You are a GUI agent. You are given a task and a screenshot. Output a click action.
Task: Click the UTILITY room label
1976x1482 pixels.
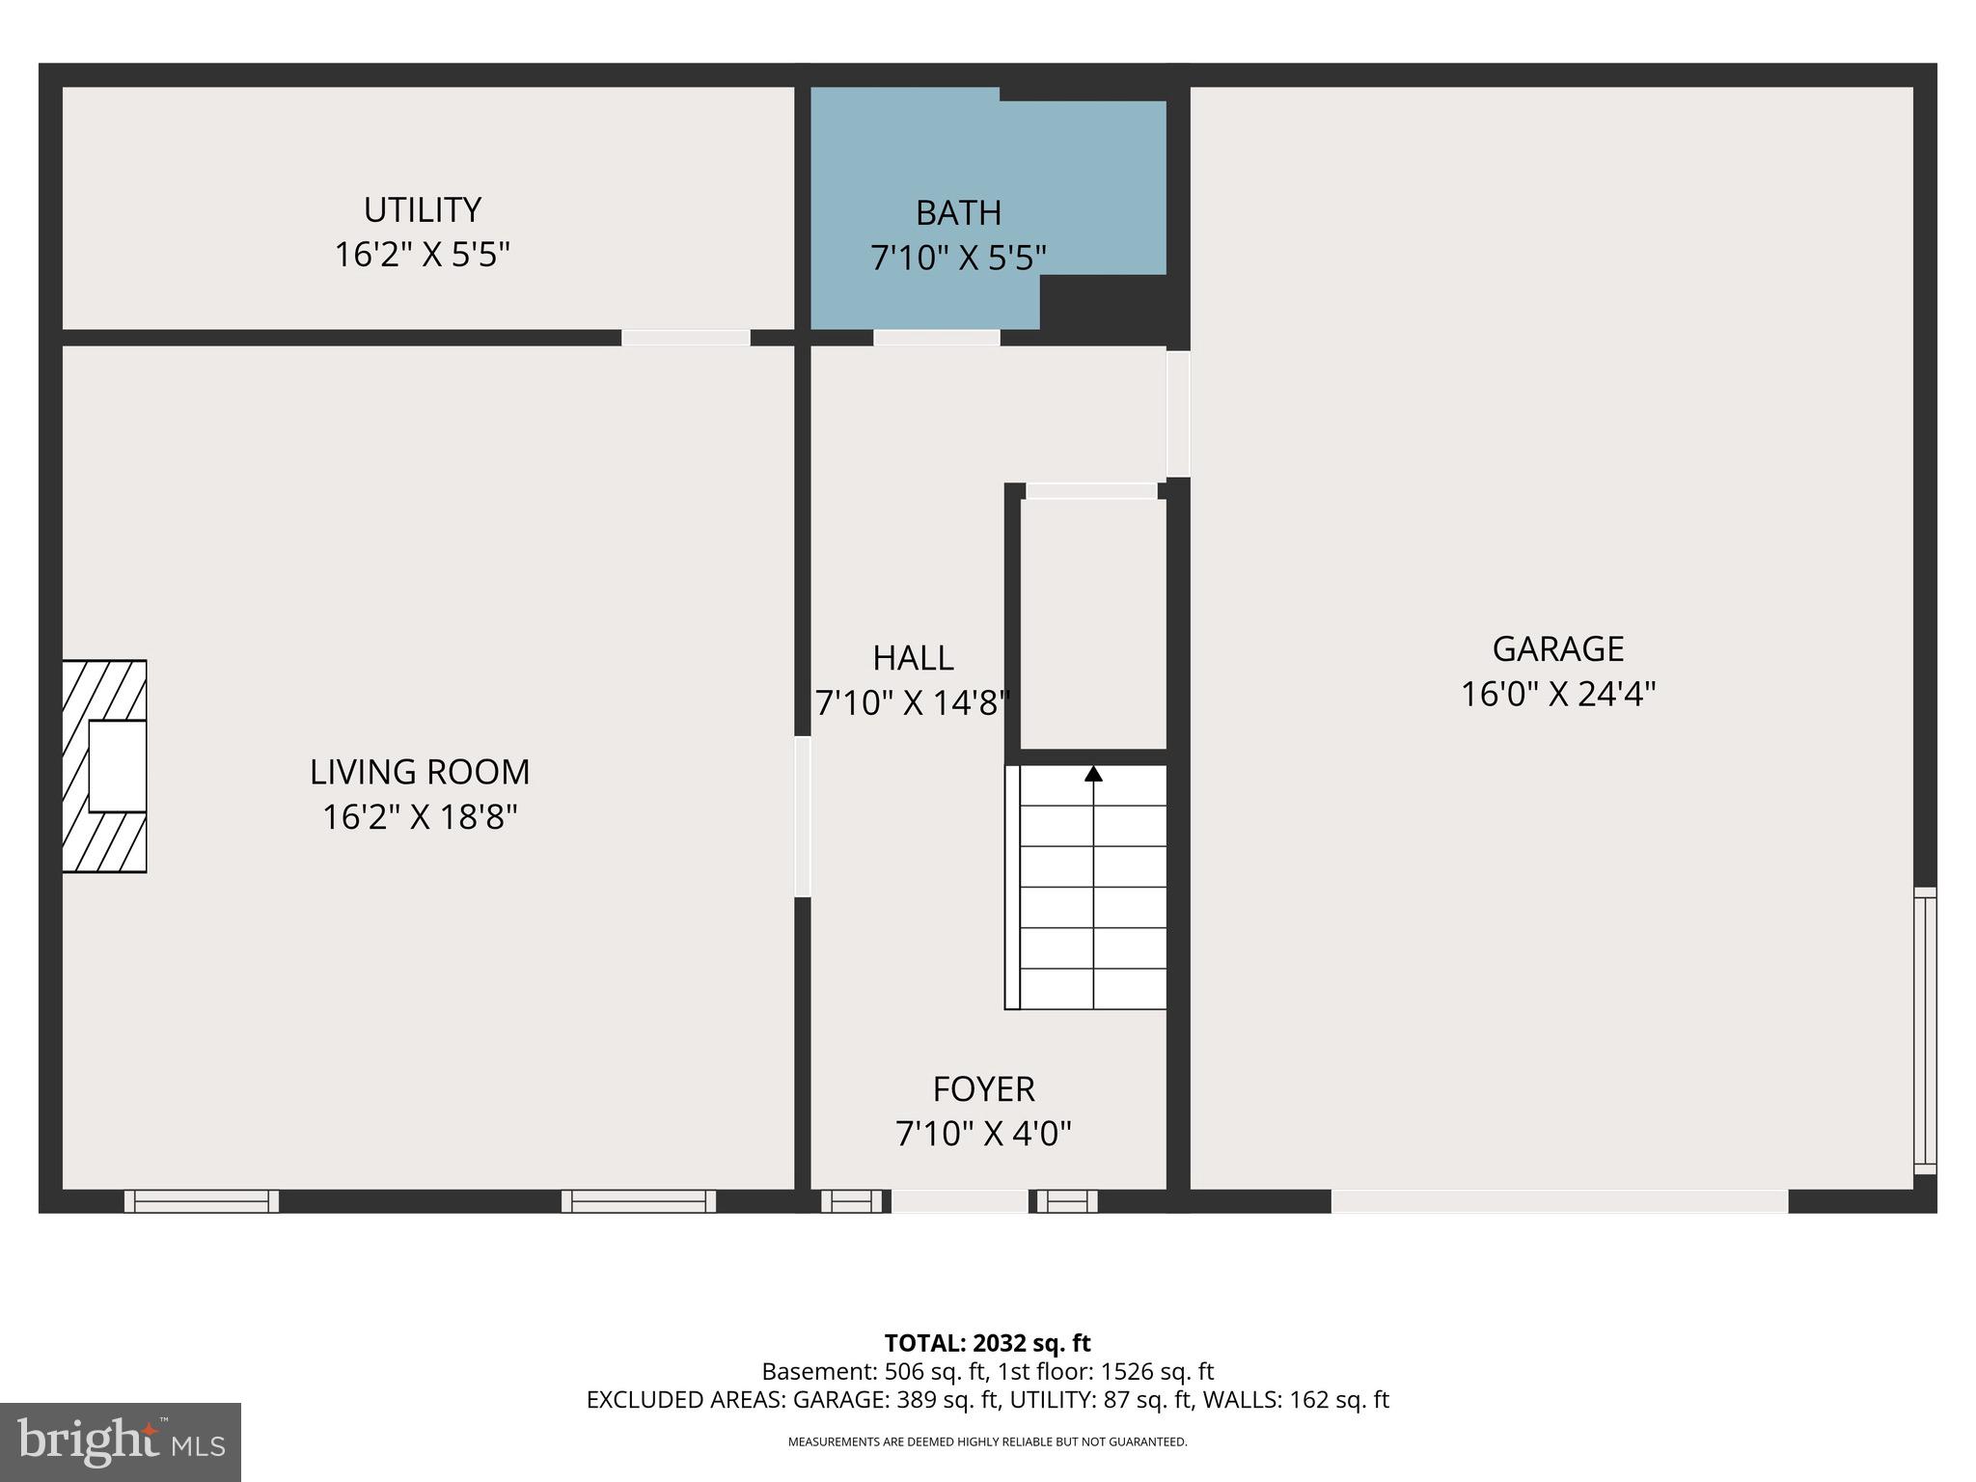pyautogui.click(x=422, y=210)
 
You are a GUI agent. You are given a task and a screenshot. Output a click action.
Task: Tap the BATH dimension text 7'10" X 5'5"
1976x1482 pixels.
pyautogui.click(x=958, y=259)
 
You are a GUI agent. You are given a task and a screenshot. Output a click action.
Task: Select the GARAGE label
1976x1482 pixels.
pyautogui.click(x=1557, y=648)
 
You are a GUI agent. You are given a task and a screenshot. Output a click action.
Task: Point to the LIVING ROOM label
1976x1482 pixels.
pyautogui.click(x=420, y=772)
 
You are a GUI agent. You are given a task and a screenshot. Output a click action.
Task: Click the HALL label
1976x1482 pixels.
pyautogui.click(x=913, y=658)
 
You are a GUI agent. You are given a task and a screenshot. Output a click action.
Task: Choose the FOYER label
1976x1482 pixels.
pyautogui.click(x=983, y=1089)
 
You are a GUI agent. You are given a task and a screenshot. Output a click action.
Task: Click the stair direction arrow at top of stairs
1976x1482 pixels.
pyautogui.click(x=1093, y=774)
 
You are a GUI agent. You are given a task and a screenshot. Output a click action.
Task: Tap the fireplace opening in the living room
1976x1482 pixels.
pyautogui.click(x=117, y=766)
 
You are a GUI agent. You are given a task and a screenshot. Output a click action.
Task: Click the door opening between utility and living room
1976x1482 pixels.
pyautogui.click(x=685, y=338)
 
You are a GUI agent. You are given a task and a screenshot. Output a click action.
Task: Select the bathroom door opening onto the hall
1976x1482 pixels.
pyautogui.click(x=936, y=338)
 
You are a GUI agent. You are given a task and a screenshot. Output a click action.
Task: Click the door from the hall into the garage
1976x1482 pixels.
pyautogui.click(x=1178, y=414)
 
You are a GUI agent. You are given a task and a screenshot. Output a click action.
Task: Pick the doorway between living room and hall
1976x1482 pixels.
pyautogui.click(x=802, y=816)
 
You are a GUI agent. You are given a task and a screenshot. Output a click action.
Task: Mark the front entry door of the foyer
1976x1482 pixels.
pyautogui.click(x=959, y=1201)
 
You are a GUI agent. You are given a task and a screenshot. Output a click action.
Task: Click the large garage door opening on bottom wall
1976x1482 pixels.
pyautogui.click(x=1559, y=1201)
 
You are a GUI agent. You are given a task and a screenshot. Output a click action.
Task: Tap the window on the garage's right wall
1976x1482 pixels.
pyautogui.click(x=1924, y=1030)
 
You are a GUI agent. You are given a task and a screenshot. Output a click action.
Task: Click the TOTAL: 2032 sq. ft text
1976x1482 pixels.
pyautogui.click(x=987, y=1343)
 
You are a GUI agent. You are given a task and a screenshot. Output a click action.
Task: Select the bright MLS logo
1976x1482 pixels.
pyautogui.click(x=121, y=1441)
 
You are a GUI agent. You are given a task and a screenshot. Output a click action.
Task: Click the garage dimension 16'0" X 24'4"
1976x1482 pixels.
pyautogui.click(x=1557, y=695)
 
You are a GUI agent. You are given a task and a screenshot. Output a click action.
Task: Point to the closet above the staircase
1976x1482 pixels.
pyautogui.click(x=1093, y=622)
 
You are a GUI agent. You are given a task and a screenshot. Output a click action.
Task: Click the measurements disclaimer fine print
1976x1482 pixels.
pyautogui.click(x=987, y=1442)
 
